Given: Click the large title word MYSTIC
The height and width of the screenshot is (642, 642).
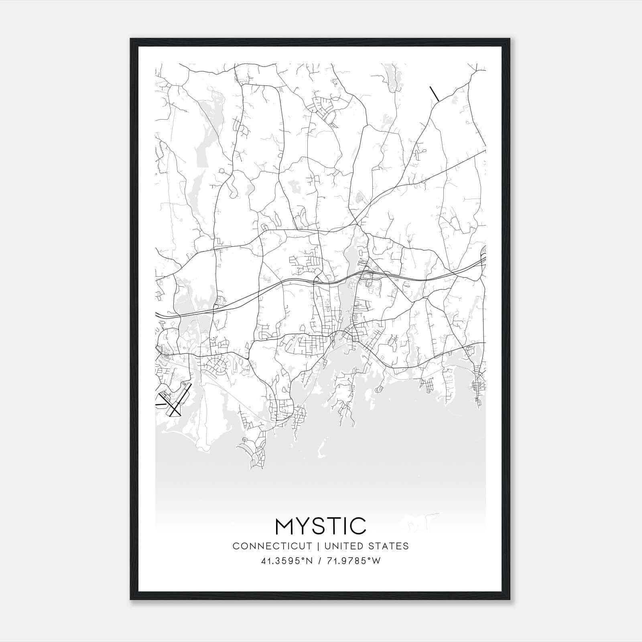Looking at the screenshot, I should (x=321, y=526).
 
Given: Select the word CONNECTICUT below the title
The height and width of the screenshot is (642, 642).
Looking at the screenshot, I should (x=272, y=546).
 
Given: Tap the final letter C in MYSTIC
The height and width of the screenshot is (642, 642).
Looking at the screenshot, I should (x=358, y=526).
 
